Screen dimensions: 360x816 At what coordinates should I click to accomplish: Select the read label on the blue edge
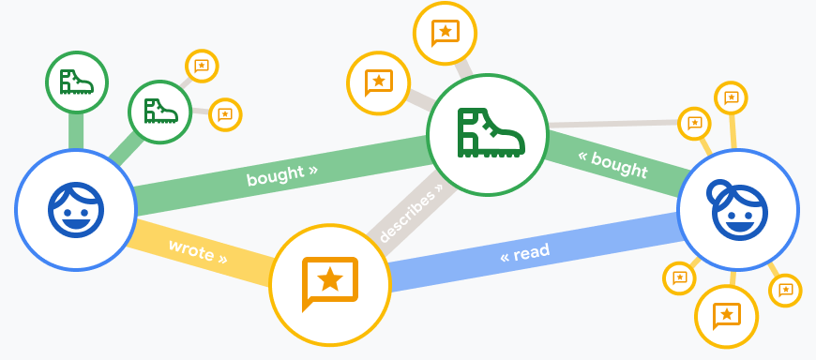[525, 253]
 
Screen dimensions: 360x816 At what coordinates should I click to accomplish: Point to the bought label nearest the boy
[281, 174]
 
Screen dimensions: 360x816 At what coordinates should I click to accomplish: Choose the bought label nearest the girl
[613, 163]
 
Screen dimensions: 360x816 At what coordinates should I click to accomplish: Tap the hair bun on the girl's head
[720, 193]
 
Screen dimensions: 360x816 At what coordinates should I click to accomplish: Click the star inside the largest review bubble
[329, 277]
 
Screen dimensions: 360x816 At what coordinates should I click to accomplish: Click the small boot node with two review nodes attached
[159, 112]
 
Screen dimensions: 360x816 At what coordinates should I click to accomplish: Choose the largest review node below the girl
[727, 316]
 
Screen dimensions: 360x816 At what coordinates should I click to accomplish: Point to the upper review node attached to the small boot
[202, 66]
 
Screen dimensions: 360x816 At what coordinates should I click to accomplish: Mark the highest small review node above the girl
[732, 97]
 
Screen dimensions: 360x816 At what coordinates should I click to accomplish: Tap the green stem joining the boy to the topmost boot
[76, 130]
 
